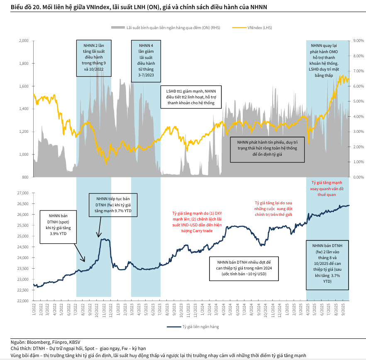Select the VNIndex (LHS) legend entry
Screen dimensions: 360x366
[258, 27]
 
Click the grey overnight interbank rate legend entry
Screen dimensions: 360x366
[162, 27]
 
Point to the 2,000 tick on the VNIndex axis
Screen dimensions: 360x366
[24, 41]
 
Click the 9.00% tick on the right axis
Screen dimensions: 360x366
[358, 41]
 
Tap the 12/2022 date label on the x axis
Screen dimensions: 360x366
[110, 311]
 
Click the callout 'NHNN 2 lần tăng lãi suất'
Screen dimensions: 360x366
[93, 58]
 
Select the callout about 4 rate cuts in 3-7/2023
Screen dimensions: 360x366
[146, 58]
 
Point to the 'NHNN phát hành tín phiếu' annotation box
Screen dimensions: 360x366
[267, 148]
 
